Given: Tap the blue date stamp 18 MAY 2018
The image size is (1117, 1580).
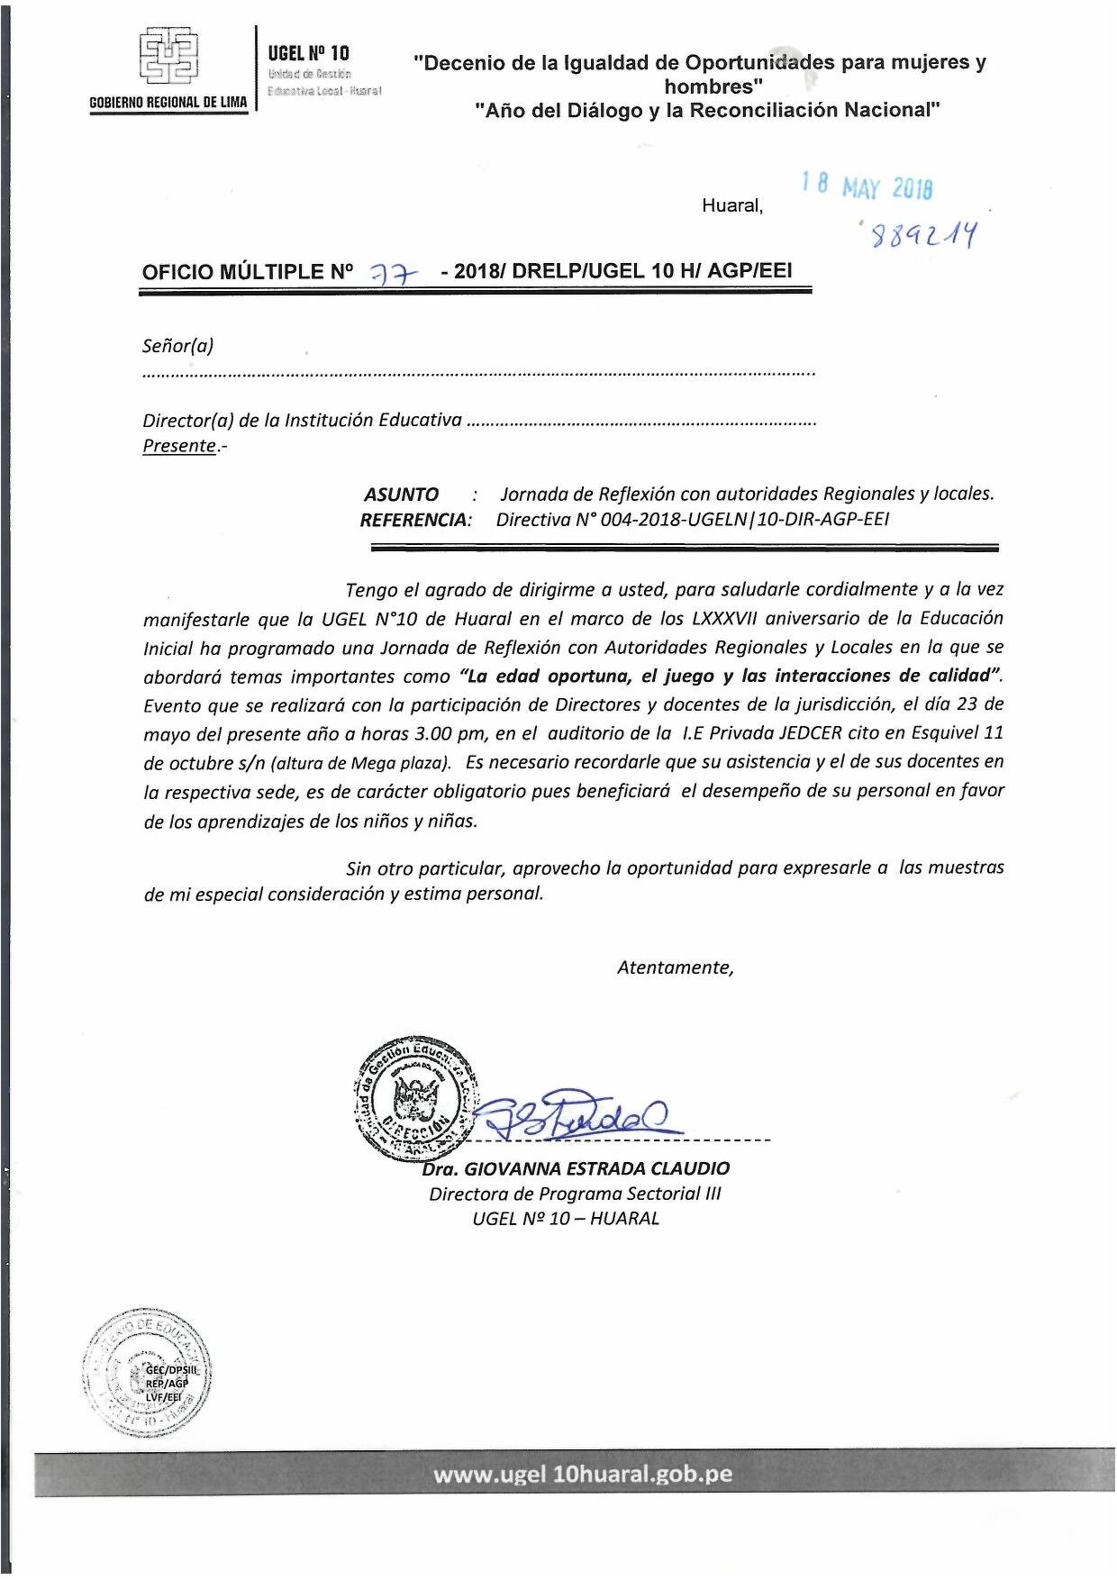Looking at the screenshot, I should tap(867, 186).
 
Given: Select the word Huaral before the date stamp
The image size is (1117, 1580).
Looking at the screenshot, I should tap(731, 205).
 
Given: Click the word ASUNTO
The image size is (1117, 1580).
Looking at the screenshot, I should tap(401, 495).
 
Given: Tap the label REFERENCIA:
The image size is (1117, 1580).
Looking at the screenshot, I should tap(415, 520).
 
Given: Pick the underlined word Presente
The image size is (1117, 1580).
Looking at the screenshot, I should tap(179, 446).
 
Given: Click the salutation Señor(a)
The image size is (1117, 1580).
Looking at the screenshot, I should tap(177, 346).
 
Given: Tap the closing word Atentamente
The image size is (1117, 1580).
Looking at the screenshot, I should tap(675, 967).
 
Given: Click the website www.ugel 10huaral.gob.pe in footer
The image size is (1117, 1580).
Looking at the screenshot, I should tap(582, 1475).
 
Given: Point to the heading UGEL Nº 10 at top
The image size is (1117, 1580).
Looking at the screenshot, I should tap(308, 53).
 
